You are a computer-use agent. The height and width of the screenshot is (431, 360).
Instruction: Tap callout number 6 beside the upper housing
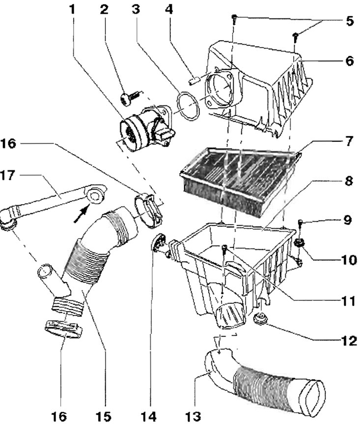(x=349, y=60)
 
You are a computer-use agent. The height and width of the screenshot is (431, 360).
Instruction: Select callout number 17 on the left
(x=8, y=175)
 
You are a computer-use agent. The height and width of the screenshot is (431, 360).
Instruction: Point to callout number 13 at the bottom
(x=194, y=417)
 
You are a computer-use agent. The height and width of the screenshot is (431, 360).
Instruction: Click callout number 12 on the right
(x=348, y=341)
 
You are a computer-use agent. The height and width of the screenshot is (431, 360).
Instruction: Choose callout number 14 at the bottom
(x=149, y=417)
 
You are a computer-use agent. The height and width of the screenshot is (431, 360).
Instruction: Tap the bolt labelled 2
(x=129, y=98)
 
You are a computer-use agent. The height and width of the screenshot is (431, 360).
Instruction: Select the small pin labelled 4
(x=195, y=81)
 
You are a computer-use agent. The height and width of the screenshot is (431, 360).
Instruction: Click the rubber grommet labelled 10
(x=299, y=242)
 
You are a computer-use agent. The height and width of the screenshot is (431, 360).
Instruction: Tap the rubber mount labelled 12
(x=260, y=318)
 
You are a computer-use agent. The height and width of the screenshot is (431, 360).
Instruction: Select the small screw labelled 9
(x=301, y=224)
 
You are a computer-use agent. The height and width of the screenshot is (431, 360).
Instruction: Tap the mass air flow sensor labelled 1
(x=146, y=127)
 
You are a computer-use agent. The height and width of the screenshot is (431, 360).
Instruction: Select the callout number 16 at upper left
(x=8, y=143)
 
